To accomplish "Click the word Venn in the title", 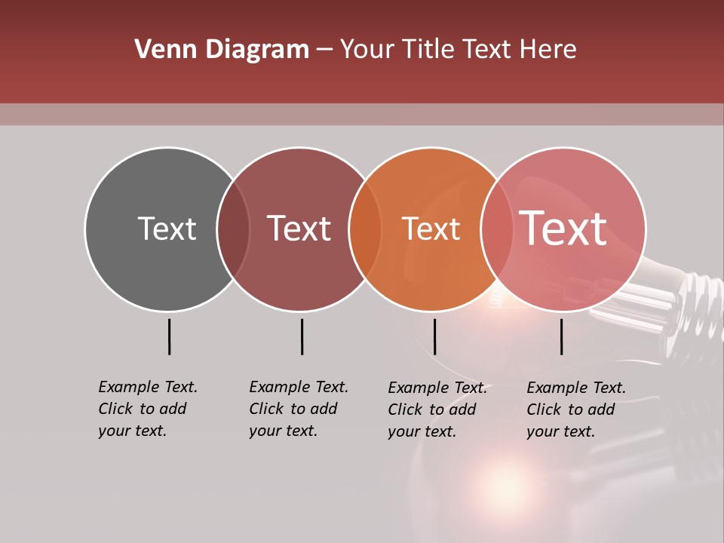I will (x=159, y=50).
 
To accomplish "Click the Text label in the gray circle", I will (x=167, y=229).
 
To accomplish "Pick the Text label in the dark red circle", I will (x=299, y=229).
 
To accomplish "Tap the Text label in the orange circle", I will (x=431, y=229).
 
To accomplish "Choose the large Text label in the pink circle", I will (x=563, y=228).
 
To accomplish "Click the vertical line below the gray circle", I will (x=169, y=336).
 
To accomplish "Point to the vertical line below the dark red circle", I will (x=302, y=336).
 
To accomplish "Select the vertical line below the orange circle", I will (x=434, y=336).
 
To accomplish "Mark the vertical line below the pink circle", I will (x=561, y=336).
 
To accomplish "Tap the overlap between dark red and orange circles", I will (x=365, y=229).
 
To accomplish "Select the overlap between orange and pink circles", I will (x=497, y=229).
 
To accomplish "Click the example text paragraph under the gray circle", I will (x=148, y=409).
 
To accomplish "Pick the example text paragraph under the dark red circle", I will (x=299, y=409).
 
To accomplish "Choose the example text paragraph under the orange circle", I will (x=437, y=410).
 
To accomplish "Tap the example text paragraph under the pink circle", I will (x=576, y=410).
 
